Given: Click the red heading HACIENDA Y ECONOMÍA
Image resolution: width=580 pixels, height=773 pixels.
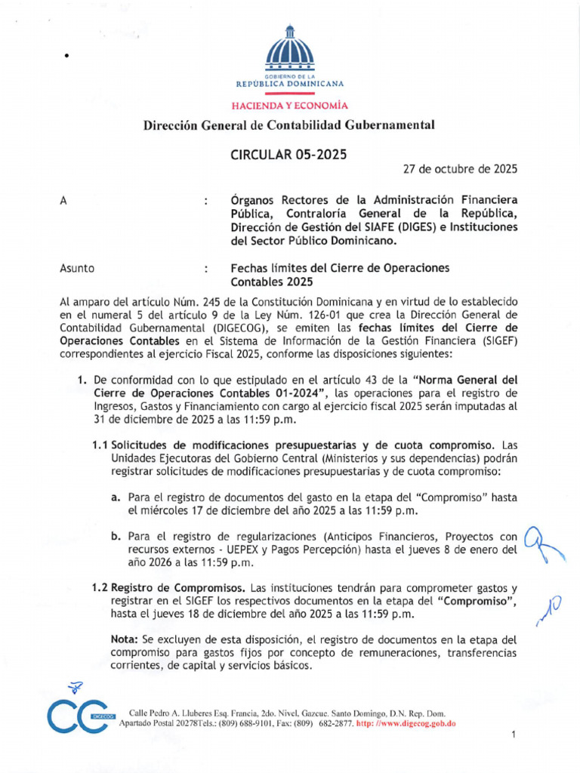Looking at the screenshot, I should [290, 106].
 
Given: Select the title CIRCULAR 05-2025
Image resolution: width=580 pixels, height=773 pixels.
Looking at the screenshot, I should [288, 155].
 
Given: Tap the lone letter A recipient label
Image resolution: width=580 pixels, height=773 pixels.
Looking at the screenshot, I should [63, 201].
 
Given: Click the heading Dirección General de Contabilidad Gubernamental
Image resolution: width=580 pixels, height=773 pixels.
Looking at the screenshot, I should [290, 125].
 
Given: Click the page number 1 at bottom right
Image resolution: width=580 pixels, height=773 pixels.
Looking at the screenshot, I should [513, 735].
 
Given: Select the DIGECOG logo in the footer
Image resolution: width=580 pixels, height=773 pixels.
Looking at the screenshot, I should [76, 713].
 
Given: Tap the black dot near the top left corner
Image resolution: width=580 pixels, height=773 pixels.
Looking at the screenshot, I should [67, 57].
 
